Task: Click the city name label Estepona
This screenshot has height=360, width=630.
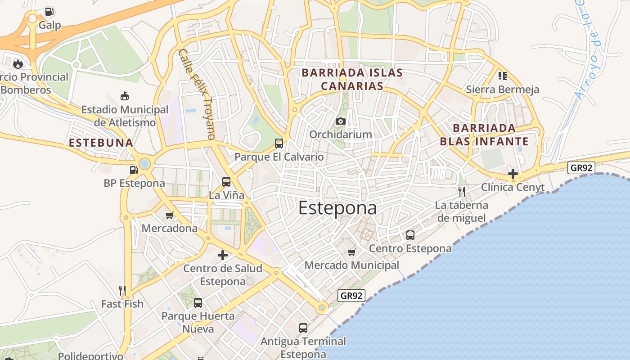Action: pyautogui.click(x=337, y=208)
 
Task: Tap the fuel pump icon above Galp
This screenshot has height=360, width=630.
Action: pyautogui.click(x=49, y=12)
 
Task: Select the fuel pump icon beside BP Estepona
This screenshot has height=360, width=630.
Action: pyautogui.click(x=134, y=170)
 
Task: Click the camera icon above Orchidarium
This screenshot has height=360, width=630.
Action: pyautogui.click(x=340, y=121)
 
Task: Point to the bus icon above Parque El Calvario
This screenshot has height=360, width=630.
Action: pyautogui.click(x=279, y=144)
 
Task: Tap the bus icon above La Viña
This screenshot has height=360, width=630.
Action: pyautogui.click(x=226, y=182)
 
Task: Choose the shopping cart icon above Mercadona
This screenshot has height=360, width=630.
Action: pyautogui.click(x=170, y=215)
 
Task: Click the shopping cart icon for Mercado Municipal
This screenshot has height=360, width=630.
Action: pyautogui.click(x=352, y=252)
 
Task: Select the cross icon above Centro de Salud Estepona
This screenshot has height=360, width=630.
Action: pyautogui.click(x=223, y=255)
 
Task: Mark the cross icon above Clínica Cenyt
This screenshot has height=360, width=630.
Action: pyautogui.click(x=513, y=173)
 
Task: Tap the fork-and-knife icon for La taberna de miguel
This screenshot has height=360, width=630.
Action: pyautogui.click(x=461, y=192)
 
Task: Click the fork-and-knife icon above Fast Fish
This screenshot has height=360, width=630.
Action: pyautogui.click(x=122, y=290)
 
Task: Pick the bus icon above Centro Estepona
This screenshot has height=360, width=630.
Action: pyautogui.click(x=410, y=235)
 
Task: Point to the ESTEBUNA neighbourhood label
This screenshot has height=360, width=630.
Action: pyautogui.click(x=101, y=143)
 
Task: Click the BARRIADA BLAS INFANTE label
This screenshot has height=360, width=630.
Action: pyautogui.click(x=484, y=135)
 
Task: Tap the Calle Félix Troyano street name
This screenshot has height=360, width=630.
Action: pyautogui.click(x=197, y=94)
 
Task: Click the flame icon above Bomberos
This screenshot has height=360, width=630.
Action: pyautogui.click(x=18, y=64)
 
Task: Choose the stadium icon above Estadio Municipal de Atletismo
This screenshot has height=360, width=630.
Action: pyautogui.click(x=125, y=96)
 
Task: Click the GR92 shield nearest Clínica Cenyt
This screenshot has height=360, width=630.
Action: pyautogui.click(x=581, y=168)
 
